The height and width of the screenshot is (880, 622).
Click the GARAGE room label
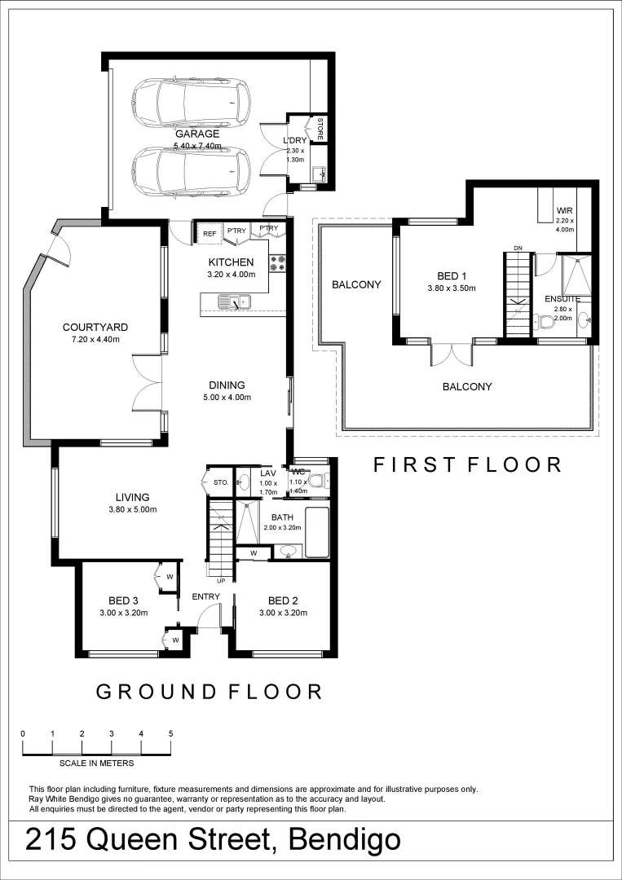tap(196, 134)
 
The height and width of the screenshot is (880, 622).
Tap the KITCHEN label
tap(231, 262)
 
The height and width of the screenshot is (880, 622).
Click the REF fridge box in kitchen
tap(210, 234)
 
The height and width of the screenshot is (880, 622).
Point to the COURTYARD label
tap(95, 328)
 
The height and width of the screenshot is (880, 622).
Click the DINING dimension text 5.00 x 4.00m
tap(227, 398)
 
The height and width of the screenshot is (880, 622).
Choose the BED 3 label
tap(122, 601)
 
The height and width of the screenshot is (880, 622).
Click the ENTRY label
tap(206, 597)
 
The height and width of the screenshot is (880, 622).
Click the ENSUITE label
tap(562, 299)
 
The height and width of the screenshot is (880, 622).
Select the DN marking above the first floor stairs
tap(518, 248)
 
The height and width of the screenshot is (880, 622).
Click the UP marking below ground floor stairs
tap(220, 581)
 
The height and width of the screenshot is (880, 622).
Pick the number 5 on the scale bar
tap(170, 733)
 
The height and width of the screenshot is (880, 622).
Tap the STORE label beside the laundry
tap(320, 129)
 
